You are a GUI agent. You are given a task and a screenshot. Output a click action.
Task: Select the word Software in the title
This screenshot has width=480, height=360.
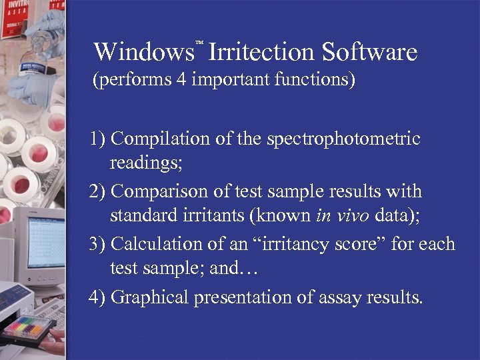[x=369, y=52]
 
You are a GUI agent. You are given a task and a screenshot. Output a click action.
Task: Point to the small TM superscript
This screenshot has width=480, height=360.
[x=199, y=43]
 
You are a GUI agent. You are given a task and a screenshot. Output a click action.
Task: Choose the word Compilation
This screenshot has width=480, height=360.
[x=160, y=139]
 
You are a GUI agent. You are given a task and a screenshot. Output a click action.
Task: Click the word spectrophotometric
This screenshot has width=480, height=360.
[x=343, y=139]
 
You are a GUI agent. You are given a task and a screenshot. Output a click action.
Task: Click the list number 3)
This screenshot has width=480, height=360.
[x=98, y=244]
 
